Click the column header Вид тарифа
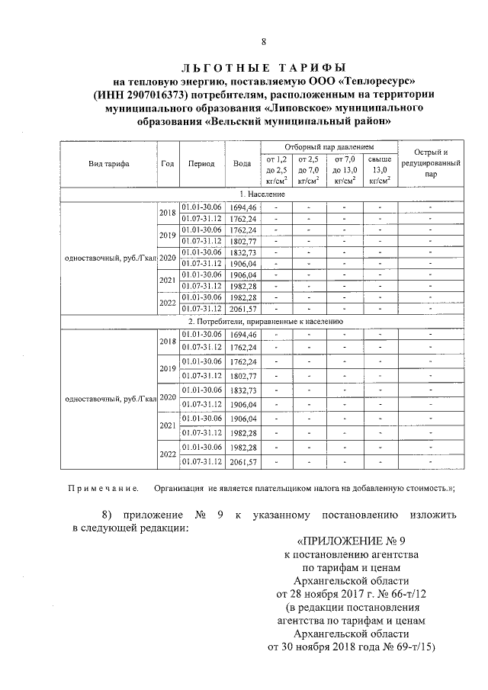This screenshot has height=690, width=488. (x=108, y=163)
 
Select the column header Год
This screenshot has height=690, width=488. (x=168, y=163)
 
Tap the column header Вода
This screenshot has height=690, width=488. (x=242, y=163)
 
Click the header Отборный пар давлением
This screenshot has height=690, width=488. (x=329, y=146)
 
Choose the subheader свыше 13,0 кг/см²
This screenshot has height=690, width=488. (x=380, y=170)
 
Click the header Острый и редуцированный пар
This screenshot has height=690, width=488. (x=430, y=162)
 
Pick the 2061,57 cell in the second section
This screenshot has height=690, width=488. (x=242, y=462)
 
